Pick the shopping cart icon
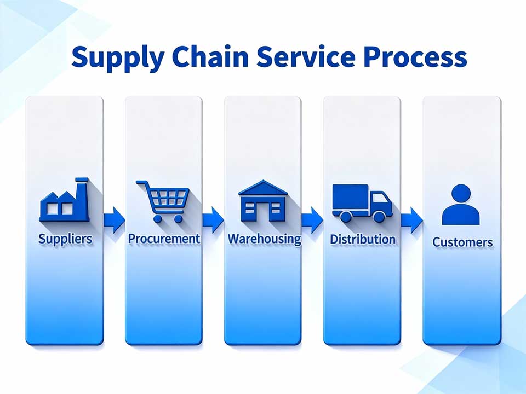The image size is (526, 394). click(x=164, y=201)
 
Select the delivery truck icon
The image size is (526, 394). click(x=362, y=202)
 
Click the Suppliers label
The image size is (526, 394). click(x=65, y=239)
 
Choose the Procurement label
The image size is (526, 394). click(x=164, y=239)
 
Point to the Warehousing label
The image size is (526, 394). click(x=264, y=239)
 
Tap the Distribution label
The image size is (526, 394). click(x=362, y=239)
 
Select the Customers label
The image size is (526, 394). click(x=462, y=241)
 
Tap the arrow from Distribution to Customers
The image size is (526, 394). click(x=411, y=219)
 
